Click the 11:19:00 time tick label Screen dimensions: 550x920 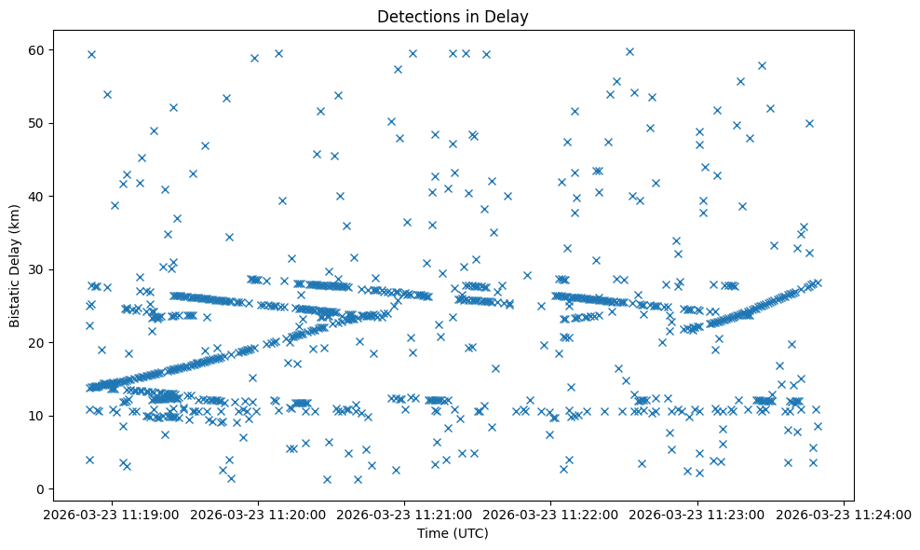pyautogui.click(x=113, y=514)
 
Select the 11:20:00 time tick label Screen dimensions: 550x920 pyautogui.click(x=259, y=514)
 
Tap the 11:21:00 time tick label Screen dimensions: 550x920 pyautogui.click(x=405, y=514)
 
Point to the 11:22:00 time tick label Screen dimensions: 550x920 pyautogui.click(x=551, y=514)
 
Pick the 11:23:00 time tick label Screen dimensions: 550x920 pyautogui.click(x=697, y=514)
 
